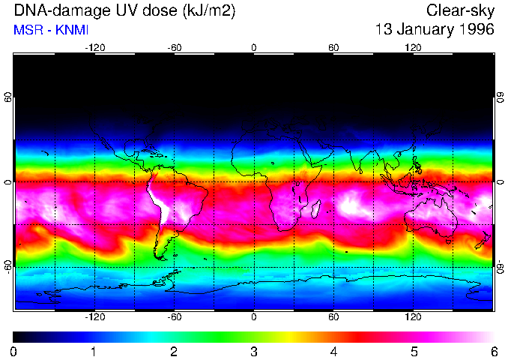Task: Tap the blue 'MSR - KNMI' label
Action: [x=51, y=30]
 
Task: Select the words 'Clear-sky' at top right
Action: [x=460, y=10]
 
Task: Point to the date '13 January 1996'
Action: [x=435, y=30]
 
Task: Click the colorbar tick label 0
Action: [x=14, y=352]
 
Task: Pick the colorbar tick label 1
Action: [x=94, y=352]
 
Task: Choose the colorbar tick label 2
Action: [x=174, y=352]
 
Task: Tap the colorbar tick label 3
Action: [x=254, y=352]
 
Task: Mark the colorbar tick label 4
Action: [x=333, y=352]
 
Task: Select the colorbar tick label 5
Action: [x=414, y=352]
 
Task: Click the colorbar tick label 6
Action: [x=493, y=352]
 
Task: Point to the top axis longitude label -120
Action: [x=94, y=47]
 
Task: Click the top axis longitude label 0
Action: [x=254, y=47]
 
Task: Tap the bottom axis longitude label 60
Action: [x=333, y=317]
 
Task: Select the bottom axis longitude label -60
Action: [x=174, y=317]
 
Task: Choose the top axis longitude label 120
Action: [x=414, y=47]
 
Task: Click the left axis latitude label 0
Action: [x=7, y=182]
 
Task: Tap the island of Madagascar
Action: [x=316, y=207]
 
